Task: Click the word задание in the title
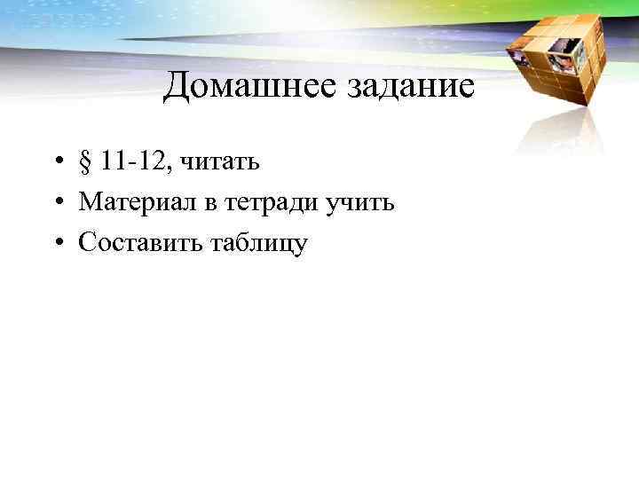coord(405,87)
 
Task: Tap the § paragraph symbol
coord(85,163)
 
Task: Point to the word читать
coord(219,163)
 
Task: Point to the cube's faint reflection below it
coord(568,133)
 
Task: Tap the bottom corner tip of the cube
coord(577,105)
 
